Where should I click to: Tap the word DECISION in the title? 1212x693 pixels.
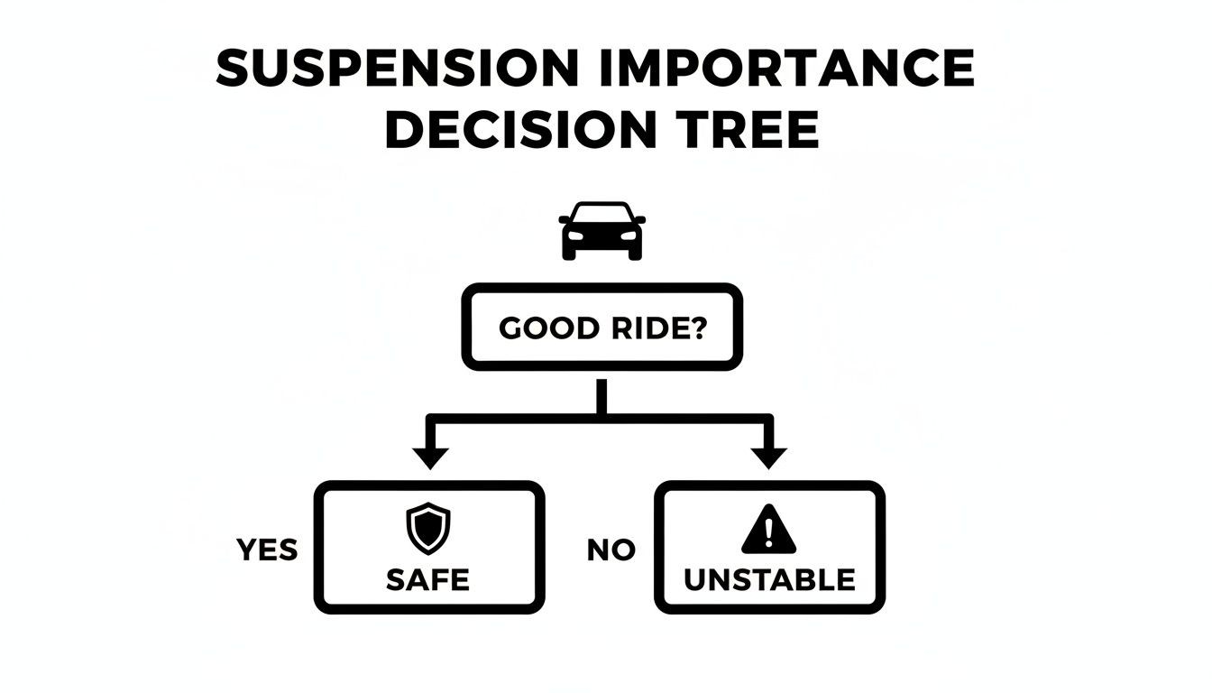coord(520,132)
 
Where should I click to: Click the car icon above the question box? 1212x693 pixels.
coord(601,231)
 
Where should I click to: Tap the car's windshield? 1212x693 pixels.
coord(601,215)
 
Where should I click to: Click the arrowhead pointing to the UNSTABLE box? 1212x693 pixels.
coord(768,457)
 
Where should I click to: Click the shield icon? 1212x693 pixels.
coord(428,528)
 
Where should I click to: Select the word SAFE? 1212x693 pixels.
coord(428,579)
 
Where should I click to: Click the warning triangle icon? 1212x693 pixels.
coord(768,530)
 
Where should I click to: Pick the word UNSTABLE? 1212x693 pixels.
coord(769,579)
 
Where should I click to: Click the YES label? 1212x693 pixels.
coord(267,550)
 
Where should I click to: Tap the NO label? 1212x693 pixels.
coord(611,550)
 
